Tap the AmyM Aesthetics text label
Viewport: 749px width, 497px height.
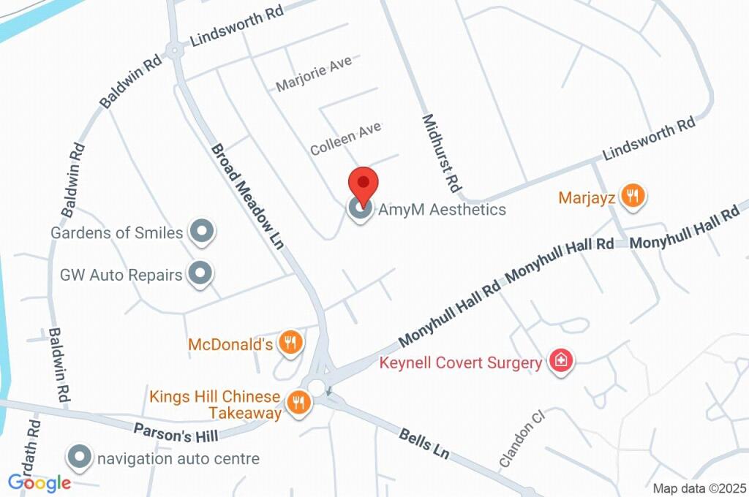tap(442, 210)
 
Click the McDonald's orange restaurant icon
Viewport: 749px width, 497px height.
tap(291, 341)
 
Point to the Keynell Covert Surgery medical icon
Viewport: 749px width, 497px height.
tap(561, 360)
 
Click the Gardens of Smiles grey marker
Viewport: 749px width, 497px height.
tap(200, 232)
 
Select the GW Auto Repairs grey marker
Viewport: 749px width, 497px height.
tap(199, 274)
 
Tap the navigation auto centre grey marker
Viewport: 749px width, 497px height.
tap(78, 458)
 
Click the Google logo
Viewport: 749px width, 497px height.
tap(39, 482)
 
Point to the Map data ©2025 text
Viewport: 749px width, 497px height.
tap(699, 488)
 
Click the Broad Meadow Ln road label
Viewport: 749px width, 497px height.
tap(247, 195)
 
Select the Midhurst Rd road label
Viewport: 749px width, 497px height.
tap(440, 153)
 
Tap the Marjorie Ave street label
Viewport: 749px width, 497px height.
tap(314, 74)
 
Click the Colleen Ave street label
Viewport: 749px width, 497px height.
tap(345, 138)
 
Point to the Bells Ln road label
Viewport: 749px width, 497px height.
tap(424, 444)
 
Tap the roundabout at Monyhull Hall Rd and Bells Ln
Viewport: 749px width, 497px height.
tap(317, 385)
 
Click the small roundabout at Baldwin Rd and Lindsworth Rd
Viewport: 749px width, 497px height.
tap(174, 50)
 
